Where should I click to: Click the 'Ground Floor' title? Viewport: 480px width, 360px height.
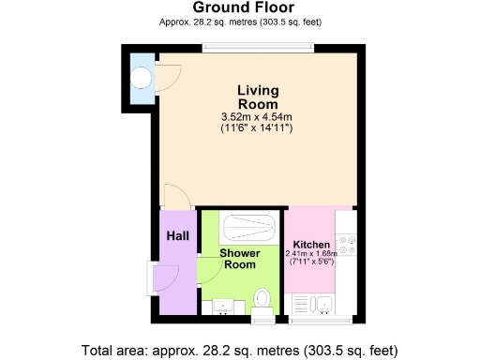tap(240, 7)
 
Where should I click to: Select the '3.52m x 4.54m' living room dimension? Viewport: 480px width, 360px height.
tap(257, 116)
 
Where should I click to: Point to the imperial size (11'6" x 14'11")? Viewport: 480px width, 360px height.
tap(257, 127)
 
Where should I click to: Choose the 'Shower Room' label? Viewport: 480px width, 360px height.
tap(239, 259)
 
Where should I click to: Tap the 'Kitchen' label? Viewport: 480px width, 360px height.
tap(310, 245)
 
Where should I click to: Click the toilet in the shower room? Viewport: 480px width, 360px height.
tap(262, 300)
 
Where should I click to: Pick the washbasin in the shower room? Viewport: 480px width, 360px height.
tap(222, 306)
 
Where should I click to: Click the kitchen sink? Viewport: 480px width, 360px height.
tap(317, 304)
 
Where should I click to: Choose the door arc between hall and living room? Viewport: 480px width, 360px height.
tap(176, 197)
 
